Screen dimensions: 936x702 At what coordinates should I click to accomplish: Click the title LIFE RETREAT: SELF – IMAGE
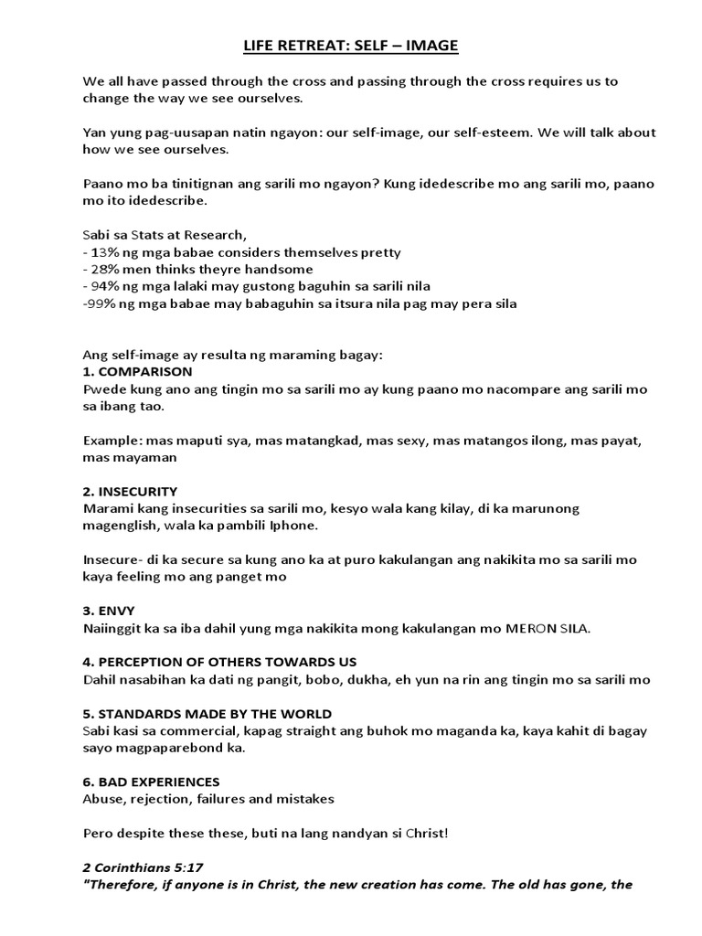point(350,45)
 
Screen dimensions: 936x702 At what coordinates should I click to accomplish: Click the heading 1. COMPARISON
point(137,372)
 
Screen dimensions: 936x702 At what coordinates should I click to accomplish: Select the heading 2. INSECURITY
point(130,491)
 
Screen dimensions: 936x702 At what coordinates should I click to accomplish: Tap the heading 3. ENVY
point(109,610)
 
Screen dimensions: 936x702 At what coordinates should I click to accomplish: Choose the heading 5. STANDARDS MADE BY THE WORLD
point(207,713)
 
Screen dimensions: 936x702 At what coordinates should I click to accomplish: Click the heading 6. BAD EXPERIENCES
point(151,782)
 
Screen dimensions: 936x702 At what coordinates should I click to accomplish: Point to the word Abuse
point(101,799)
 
